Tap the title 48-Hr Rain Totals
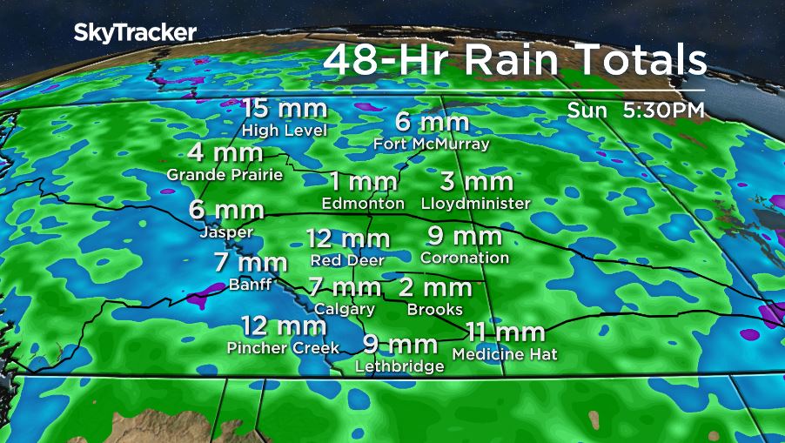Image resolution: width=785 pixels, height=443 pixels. tap(513, 61)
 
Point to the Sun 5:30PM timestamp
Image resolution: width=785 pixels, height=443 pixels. tap(635, 111)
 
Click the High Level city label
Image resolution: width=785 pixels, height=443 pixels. tap(284, 131)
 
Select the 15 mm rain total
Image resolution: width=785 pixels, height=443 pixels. tap(284, 110)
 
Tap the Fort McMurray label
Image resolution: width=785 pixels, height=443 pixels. tap(432, 144)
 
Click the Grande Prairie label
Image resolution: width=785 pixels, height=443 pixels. tap(225, 174)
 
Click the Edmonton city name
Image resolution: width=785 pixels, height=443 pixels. tap(363, 204)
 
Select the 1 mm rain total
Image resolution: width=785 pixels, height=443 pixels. tap(363, 182)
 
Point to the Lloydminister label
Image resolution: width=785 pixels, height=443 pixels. tap(475, 204)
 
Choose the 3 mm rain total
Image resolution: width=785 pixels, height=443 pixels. tap(475, 182)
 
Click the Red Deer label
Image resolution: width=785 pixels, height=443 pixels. tap(347, 259)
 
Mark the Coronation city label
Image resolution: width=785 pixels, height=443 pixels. tap(465, 258)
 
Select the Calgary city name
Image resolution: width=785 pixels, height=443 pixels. tap(345, 309)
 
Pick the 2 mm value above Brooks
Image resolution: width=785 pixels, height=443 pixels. tap(435, 288)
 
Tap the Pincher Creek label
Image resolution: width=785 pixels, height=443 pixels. tap(276, 348)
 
